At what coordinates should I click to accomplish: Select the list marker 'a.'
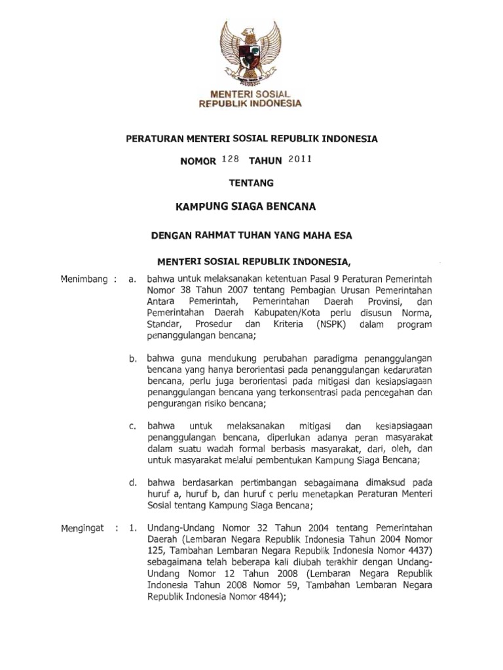132,281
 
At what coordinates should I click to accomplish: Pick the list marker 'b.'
132,359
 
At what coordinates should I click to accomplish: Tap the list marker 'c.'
132,426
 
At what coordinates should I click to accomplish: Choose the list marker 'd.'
132,482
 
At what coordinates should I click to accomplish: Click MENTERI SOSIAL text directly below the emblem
251,94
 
